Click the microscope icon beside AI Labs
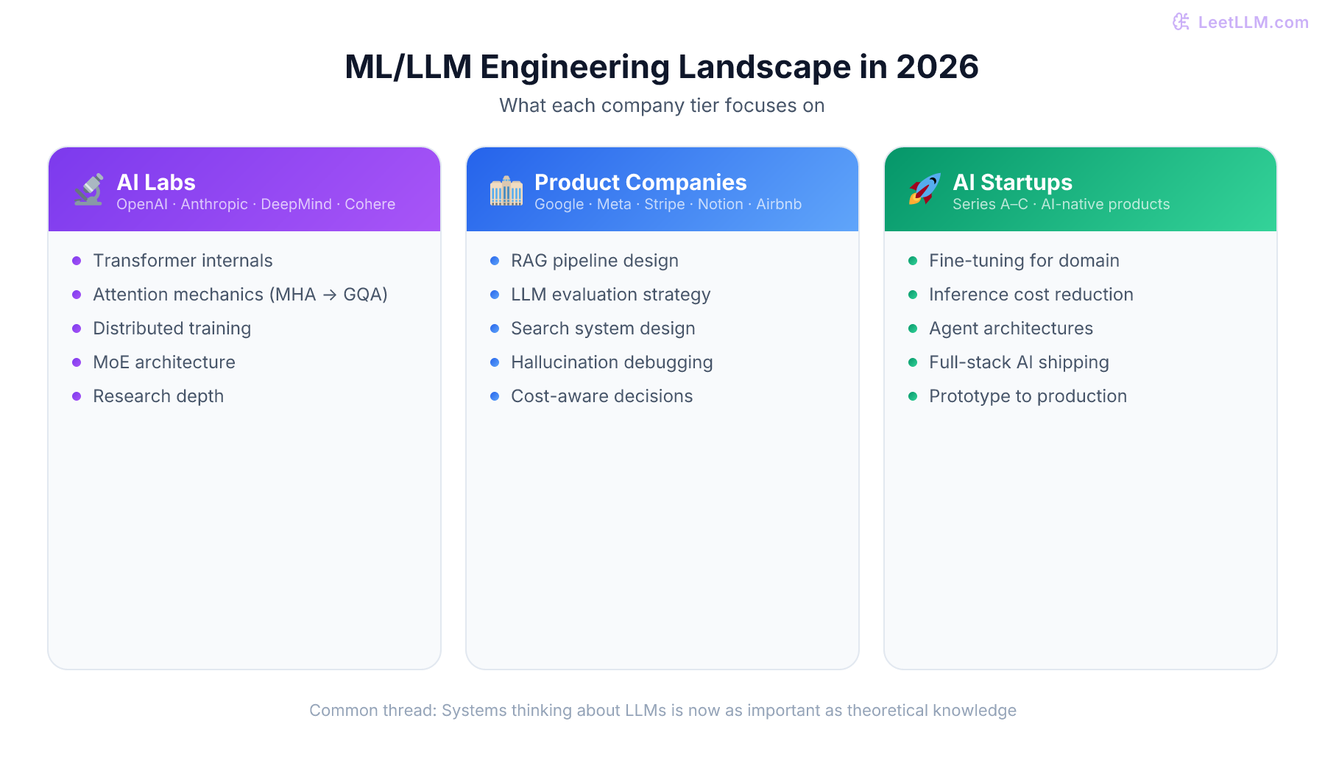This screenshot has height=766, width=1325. [x=89, y=190]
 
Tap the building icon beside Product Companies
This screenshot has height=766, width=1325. [x=506, y=191]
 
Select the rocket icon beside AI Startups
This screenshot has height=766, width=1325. [x=925, y=189]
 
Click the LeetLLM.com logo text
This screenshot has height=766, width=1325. [x=1253, y=22]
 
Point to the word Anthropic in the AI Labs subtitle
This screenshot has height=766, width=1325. [x=214, y=204]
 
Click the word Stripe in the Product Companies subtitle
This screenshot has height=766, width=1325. [x=664, y=204]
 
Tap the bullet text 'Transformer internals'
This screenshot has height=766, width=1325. [x=183, y=261]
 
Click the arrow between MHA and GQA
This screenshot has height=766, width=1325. [x=330, y=295]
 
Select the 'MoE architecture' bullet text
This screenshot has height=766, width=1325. [x=164, y=362]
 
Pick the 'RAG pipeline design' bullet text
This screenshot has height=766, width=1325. [x=595, y=261]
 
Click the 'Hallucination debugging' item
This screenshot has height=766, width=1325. [x=612, y=362]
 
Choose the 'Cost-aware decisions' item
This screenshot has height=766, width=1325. [x=601, y=396]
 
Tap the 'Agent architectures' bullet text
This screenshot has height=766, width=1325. [x=1011, y=328]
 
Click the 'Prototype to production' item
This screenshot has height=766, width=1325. [x=1028, y=396]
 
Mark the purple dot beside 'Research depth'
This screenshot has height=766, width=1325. [x=77, y=396]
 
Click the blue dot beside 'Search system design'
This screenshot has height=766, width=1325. [x=495, y=328]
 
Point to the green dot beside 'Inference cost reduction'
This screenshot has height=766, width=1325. [x=913, y=295]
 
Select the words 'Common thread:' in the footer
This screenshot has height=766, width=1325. [x=372, y=710]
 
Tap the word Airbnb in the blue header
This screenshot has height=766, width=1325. [x=779, y=204]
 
